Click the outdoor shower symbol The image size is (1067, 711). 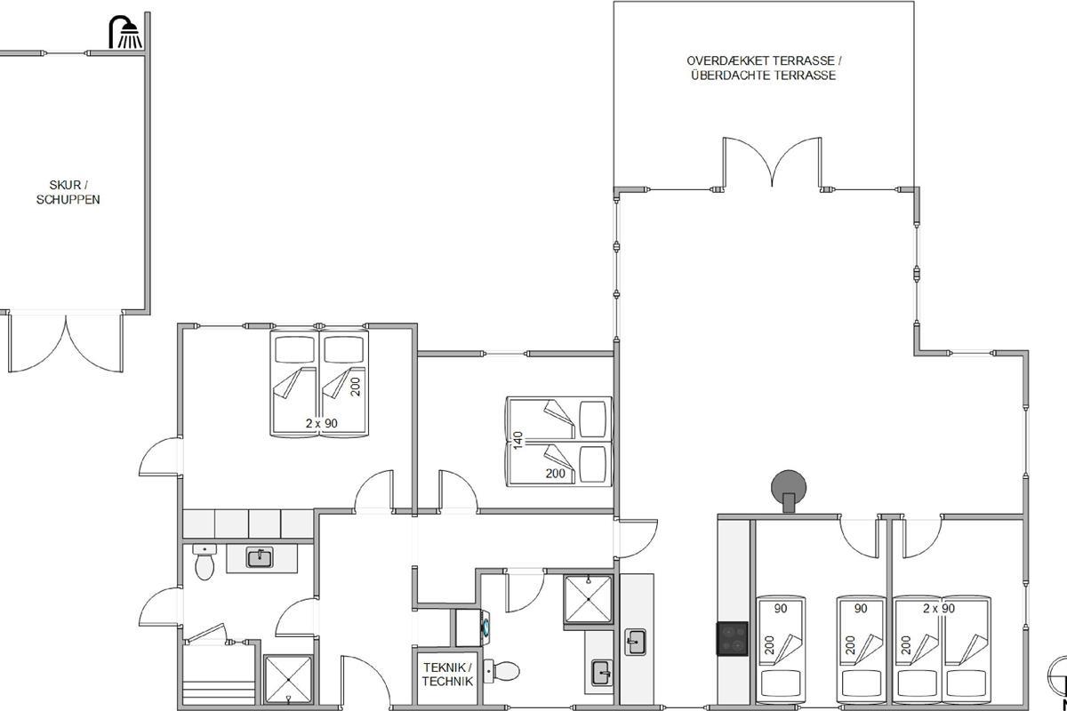coord(125,32)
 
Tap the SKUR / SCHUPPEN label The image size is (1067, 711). coord(68,192)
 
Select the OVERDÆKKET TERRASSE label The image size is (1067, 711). coord(764,61)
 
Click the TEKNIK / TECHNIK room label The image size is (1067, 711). coord(447,675)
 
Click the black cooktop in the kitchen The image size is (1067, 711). coord(733,639)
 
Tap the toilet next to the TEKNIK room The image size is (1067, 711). coord(501,671)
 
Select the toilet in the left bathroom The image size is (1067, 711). coord(205,562)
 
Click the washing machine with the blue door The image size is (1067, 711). coord(472,627)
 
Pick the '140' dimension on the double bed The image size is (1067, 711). coord(518,440)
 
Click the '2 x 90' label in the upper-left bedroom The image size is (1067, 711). coord(322,423)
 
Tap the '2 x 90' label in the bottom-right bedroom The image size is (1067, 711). coord(939,608)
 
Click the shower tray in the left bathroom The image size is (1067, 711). coord(288,680)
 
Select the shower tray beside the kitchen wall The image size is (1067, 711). coord(588,599)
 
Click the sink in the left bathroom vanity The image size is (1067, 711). coord(260,557)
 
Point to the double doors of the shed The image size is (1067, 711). coord(65,342)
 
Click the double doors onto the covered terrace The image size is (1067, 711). coord(772,163)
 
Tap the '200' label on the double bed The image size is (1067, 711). coord(556,473)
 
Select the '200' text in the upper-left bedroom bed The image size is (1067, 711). coord(356,387)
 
